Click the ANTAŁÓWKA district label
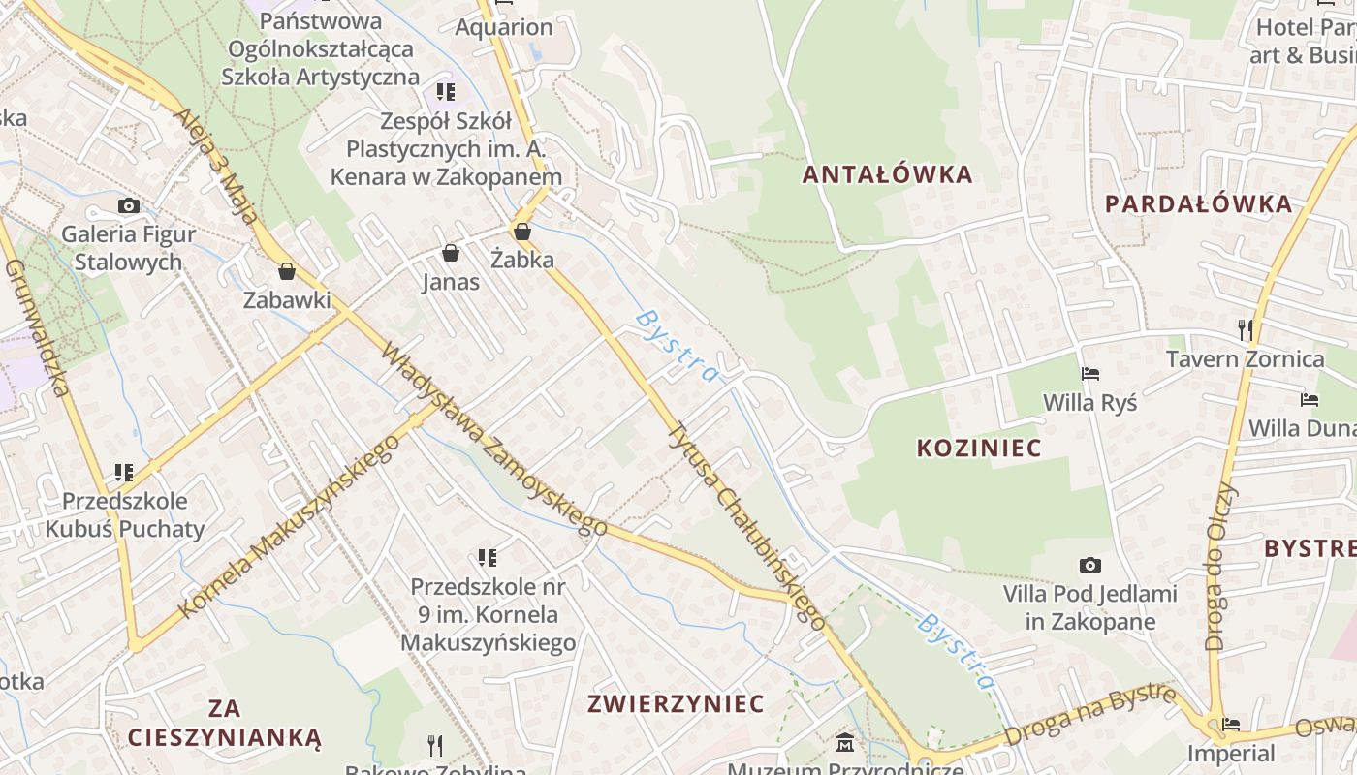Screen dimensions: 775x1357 887,174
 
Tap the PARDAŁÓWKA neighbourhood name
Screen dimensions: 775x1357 1198,203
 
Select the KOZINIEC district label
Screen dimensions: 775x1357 979,448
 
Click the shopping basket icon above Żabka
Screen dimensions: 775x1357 522,232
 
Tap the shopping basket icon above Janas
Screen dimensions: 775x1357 451,254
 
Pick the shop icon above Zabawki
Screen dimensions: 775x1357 286,271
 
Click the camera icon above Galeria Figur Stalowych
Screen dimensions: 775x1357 128,205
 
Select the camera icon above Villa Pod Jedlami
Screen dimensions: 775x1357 1090,565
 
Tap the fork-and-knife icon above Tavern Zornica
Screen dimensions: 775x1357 1246,330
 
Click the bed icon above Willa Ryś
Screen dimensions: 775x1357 1090,374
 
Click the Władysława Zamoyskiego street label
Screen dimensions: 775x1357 494,439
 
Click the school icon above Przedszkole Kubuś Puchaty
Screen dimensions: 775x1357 123,473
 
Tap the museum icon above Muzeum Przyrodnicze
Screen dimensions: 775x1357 845,744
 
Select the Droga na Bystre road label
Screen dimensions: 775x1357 1090,714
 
